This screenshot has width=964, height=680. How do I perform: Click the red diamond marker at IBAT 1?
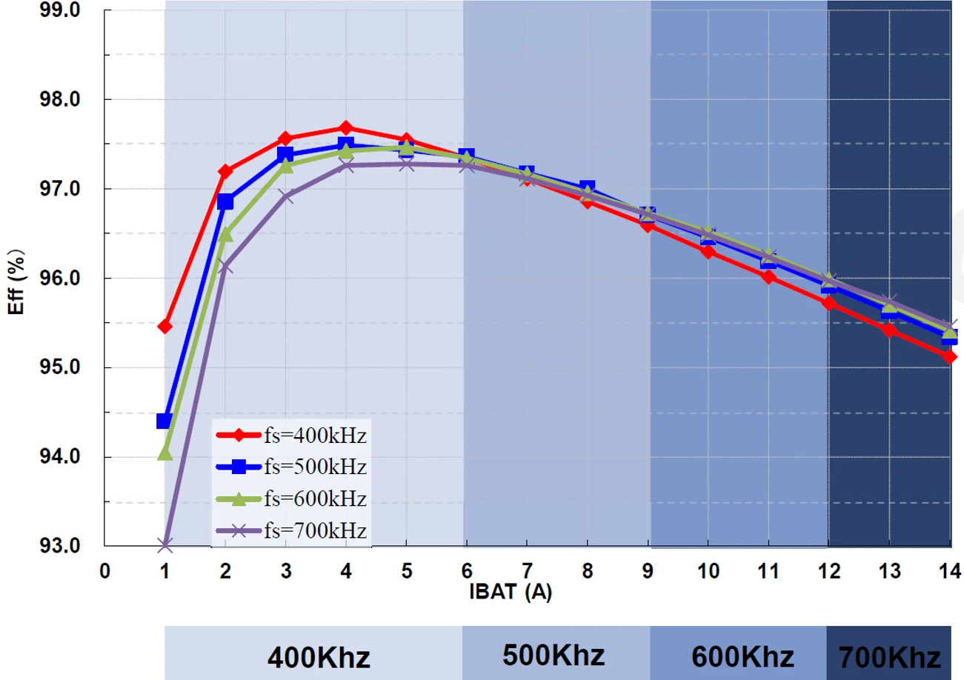click(164, 326)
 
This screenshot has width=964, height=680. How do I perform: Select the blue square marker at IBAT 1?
click(164, 421)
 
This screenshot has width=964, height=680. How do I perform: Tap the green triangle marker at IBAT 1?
click(164, 452)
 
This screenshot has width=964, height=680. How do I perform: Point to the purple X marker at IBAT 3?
click(286, 196)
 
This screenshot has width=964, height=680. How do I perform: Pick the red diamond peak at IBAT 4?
click(346, 128)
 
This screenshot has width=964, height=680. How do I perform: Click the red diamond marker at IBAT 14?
click(950, 356)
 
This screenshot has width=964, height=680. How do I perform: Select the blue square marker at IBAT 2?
click(225, 201)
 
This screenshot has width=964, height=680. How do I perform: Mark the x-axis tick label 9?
click(647, 570)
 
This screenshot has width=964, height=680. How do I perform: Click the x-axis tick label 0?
click(104, 570)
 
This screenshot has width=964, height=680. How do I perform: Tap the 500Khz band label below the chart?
click(554, 655)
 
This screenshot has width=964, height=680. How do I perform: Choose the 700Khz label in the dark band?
click(890, 657)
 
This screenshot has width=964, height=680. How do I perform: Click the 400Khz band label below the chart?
click(319, 657)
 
